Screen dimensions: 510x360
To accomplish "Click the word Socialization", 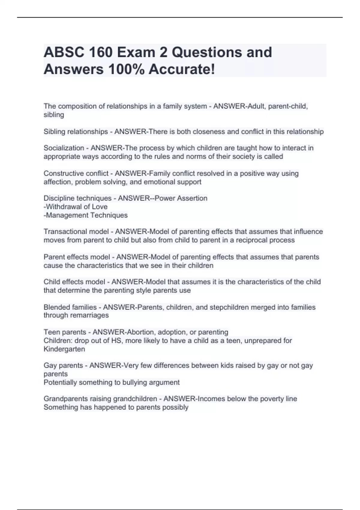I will click(64, 148).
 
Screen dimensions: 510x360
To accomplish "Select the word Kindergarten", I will click(64, 349).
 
